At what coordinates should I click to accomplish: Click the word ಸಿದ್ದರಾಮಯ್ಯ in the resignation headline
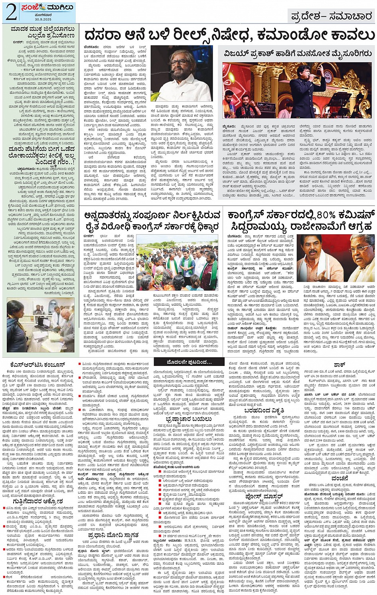pyautogui.click(x=263, y=227)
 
